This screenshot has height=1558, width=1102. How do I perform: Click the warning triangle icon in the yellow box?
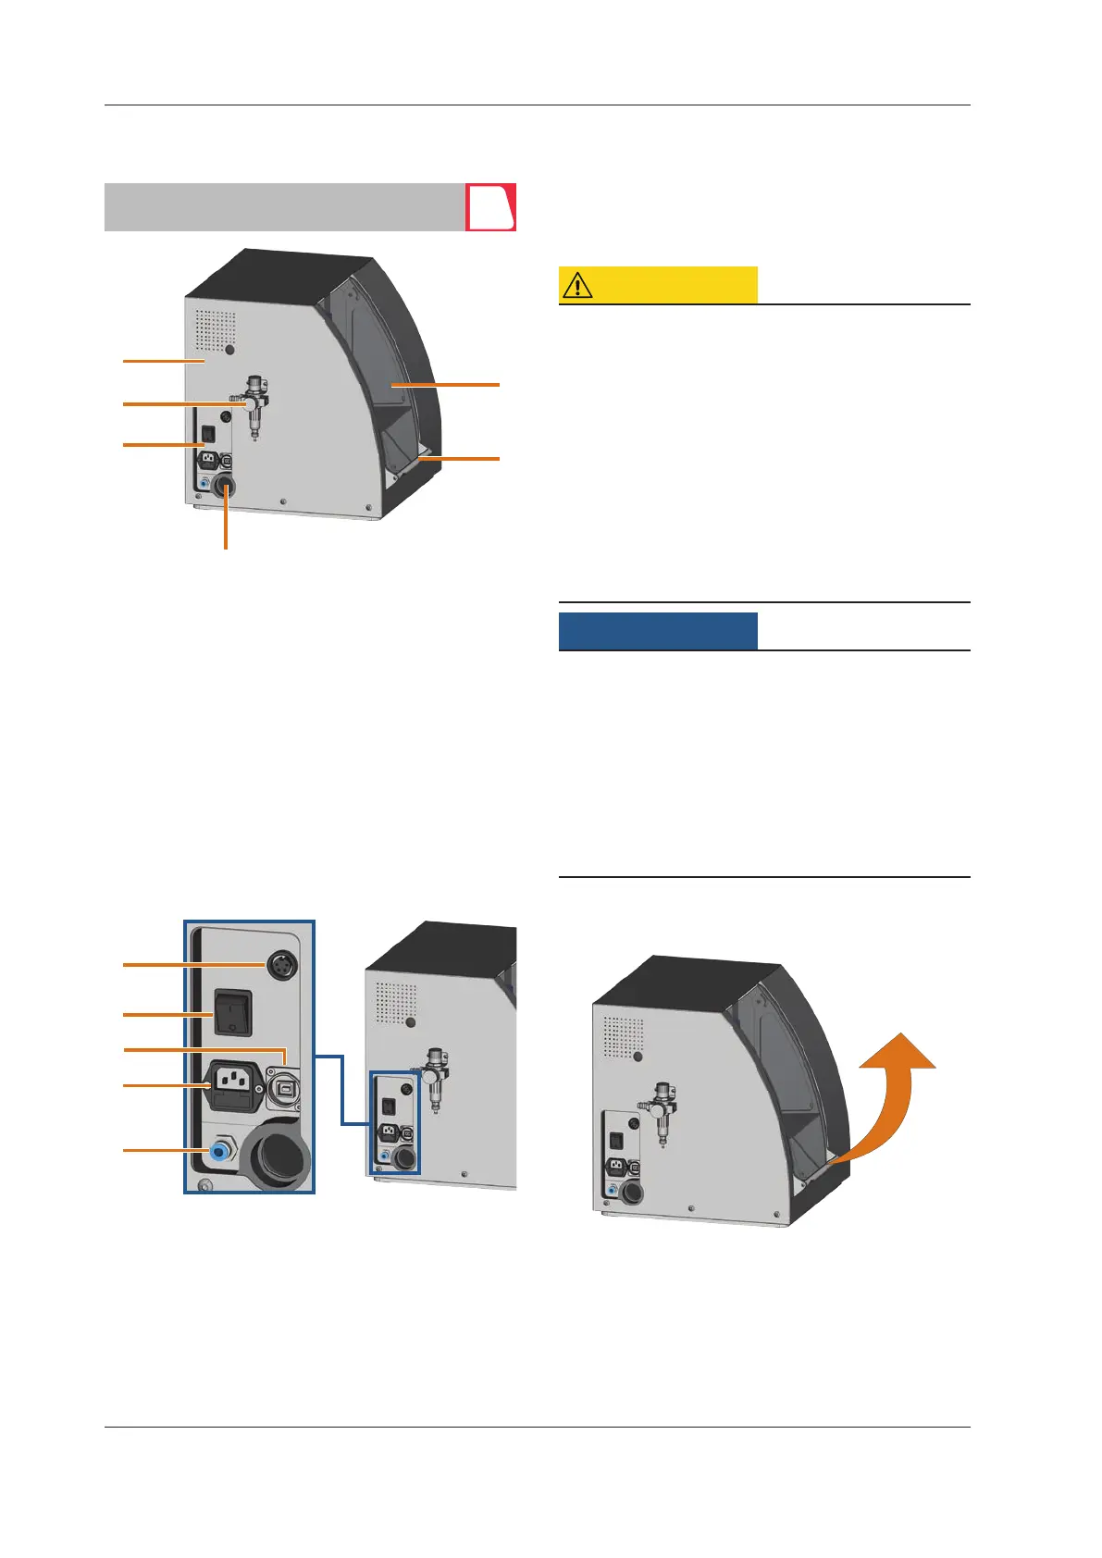pos(577,285)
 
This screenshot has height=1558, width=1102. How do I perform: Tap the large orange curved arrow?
pos(888,1101)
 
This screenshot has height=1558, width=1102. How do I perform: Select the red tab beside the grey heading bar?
pos(490,207)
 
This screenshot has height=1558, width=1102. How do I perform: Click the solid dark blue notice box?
pos(658,631)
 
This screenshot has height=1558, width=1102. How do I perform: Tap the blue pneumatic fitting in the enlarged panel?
pos(220,1150)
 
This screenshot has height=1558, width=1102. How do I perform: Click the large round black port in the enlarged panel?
pos(276,1150)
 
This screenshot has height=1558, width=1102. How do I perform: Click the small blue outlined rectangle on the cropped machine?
pos(394,1122)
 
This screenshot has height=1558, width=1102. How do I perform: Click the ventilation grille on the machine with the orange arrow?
pos(624,1037)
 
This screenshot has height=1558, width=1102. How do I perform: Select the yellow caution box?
pos(658,285)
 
